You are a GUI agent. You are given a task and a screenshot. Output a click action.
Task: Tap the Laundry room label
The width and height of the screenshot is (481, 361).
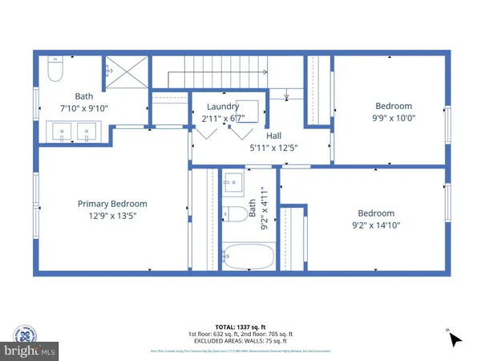click(x=223, y=107)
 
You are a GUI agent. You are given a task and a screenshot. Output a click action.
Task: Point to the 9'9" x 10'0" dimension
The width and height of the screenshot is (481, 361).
click(x=393, y=120)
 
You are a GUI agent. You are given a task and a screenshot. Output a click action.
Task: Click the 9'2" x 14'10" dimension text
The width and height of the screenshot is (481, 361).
click(x=376, y=226)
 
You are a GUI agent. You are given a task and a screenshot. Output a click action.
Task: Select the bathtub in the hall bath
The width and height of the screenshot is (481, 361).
click(x=247, y=257)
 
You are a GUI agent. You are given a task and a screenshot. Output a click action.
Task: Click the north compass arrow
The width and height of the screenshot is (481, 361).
click(x=455, y=339)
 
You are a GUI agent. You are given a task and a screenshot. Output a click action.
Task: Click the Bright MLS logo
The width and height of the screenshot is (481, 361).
click(x=30, y=351)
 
